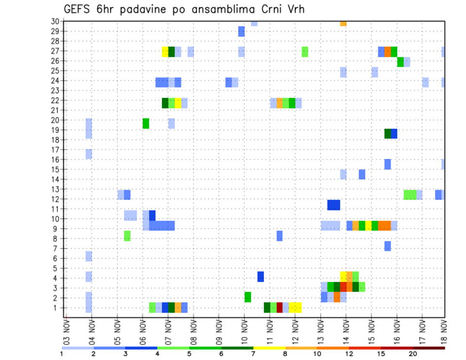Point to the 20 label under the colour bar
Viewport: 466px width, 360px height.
coord(413,354)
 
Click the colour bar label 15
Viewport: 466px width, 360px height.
coord(381,354)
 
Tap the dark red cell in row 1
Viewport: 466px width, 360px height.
coord(280,308)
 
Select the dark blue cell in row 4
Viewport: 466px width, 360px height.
coord(261,277)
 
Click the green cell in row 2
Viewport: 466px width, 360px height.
coord(248,297)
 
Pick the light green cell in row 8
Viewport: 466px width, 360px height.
coord(127,236)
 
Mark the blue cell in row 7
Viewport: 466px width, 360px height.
coord(387,246)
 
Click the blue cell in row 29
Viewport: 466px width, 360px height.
coord(241,32)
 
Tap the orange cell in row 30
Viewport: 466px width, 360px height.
coord(343,23)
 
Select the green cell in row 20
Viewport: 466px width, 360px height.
coord(146,123)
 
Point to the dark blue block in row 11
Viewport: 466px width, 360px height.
coord(333,205)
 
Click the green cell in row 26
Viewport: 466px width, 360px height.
coord(400,62)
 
